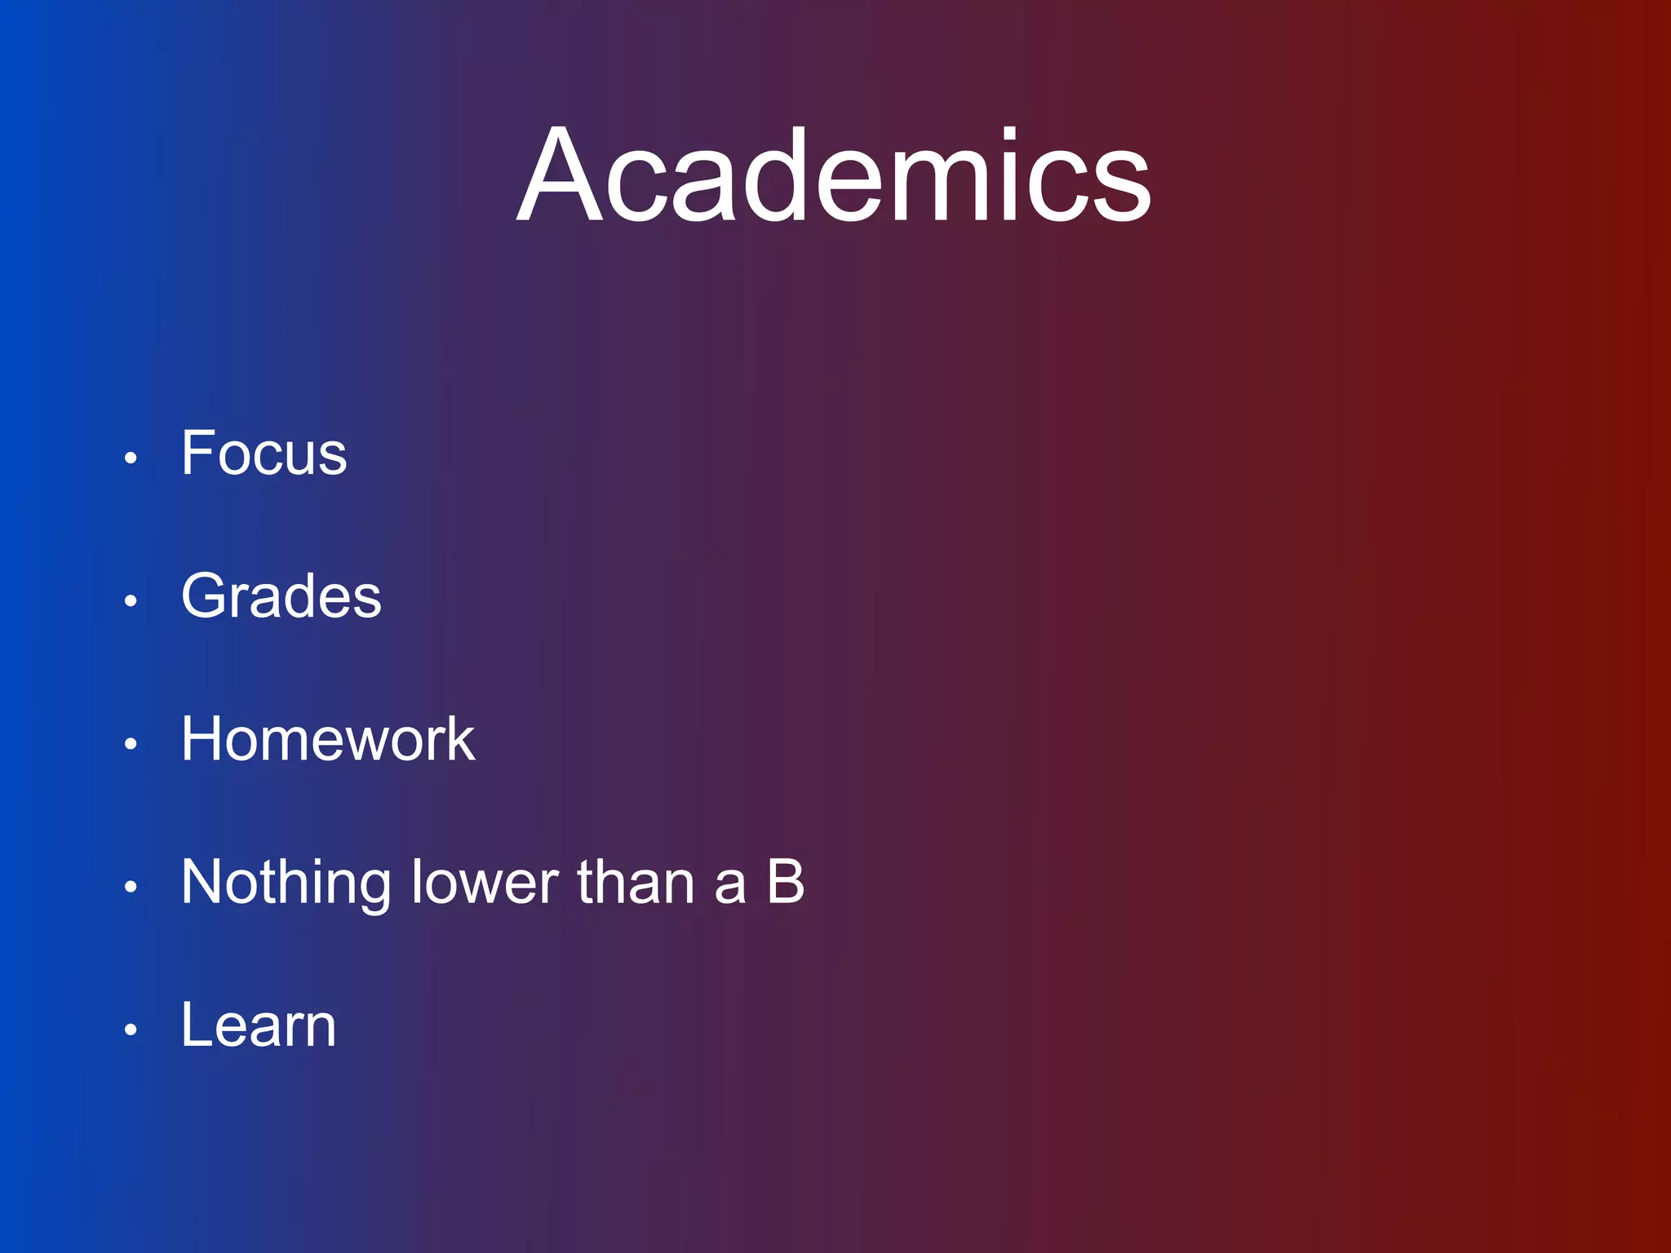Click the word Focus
point(264,453)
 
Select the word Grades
point(281,596)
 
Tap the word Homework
point(327,739)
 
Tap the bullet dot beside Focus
point(131,458)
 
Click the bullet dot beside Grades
point(131,601)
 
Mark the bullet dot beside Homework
point(131,744)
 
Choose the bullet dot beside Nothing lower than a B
point(131,887)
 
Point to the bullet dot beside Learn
point(131,1029)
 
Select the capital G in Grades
point(202,596)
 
